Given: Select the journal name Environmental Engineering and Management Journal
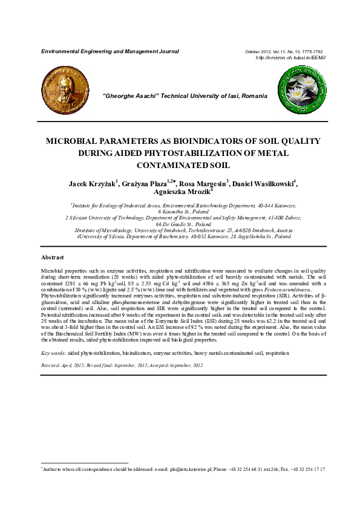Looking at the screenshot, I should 110,52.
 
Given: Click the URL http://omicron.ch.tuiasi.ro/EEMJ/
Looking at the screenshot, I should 291,58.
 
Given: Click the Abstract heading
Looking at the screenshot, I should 51,257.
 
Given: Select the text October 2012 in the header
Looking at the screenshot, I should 258,52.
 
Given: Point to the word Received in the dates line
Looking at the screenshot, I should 50,366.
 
